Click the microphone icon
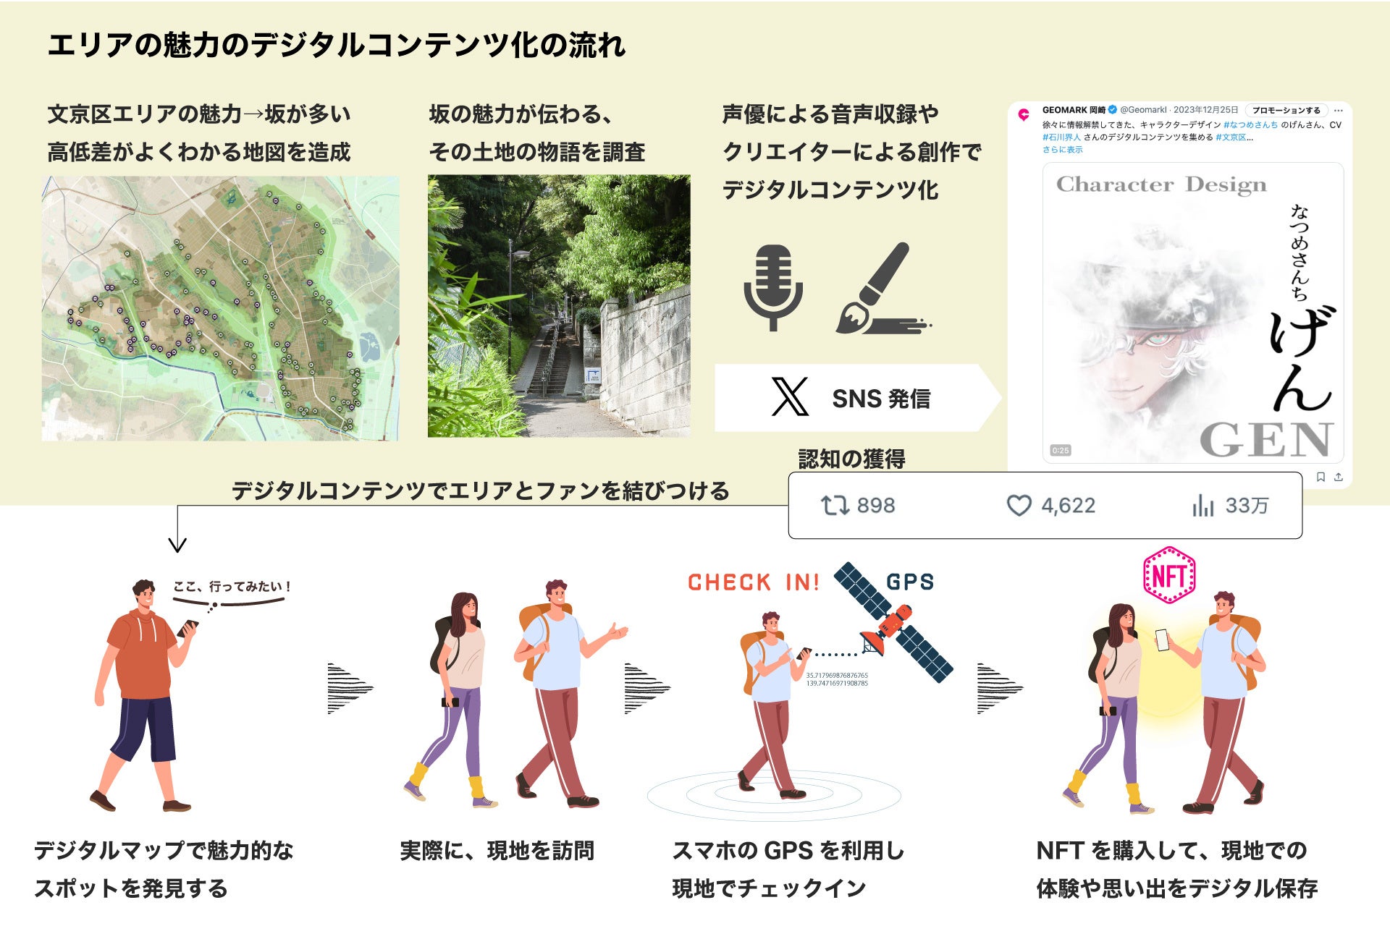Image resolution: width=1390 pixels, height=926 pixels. [773, 286]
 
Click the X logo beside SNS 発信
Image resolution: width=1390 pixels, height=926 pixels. [790, 397]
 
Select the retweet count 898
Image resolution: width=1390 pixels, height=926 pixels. [875, 506]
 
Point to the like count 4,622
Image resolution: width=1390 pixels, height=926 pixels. [1068, 506]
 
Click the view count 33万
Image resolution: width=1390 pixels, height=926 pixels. [1247, 506]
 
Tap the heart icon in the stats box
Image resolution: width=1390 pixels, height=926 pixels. [1019, 506]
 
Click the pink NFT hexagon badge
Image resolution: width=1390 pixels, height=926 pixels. [1168, 576]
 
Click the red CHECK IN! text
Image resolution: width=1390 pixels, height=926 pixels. [753, 582]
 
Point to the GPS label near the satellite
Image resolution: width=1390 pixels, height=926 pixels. [910, 582]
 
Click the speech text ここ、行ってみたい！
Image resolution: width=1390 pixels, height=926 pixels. [232, 587]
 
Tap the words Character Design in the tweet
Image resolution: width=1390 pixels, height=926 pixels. [1161, 185]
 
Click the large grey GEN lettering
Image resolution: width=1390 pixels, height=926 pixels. [1265, 439]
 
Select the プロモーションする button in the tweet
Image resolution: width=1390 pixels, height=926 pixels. [1286, 111]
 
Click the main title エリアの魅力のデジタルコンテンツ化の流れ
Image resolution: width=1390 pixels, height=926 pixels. [337, 46]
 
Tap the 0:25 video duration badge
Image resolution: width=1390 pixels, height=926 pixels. [1060, 451]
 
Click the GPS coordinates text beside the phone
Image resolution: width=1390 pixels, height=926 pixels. [836, 679]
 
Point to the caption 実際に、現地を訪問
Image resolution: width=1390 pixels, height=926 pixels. [497, 851]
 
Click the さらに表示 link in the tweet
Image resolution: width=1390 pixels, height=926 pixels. [1062, 150]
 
